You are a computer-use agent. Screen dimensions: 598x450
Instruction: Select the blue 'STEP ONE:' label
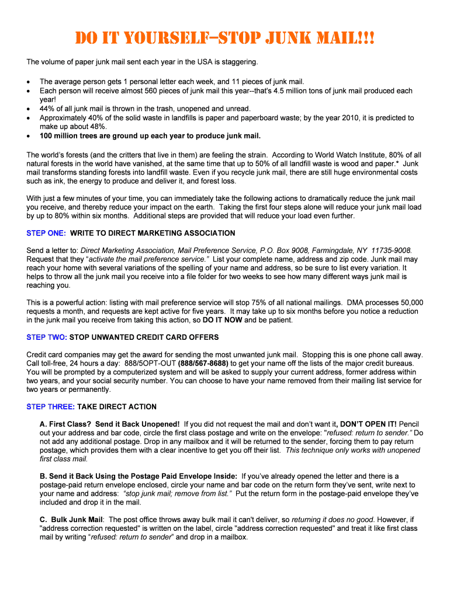(46, 233)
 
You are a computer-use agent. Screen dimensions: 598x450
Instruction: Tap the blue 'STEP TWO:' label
(47, 337)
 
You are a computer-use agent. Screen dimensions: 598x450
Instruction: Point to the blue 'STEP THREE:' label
(50, 406)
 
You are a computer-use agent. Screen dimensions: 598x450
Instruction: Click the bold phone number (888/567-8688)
(203, 363)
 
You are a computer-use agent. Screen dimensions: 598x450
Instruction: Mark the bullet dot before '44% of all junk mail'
(29, 109)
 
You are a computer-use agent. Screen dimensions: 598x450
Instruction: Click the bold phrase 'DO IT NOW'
(222, 320)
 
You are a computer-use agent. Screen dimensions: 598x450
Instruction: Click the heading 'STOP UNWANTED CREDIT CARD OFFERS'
(144, 337)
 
